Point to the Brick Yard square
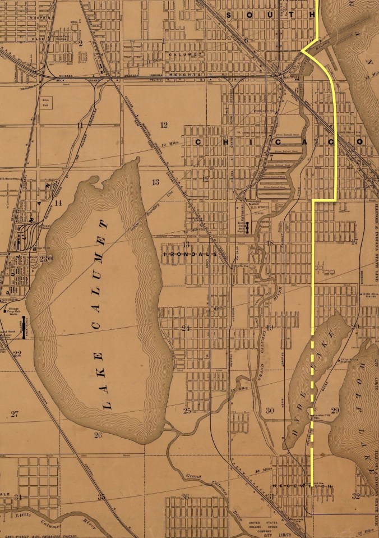click(x=47, y=103)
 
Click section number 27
click(x=14, y=414)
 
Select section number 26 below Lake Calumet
click(x=98, y=435)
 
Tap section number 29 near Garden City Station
click(x=335, y=411)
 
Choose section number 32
click(x=355, y=496)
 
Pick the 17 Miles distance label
click(x=365, y=531)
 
